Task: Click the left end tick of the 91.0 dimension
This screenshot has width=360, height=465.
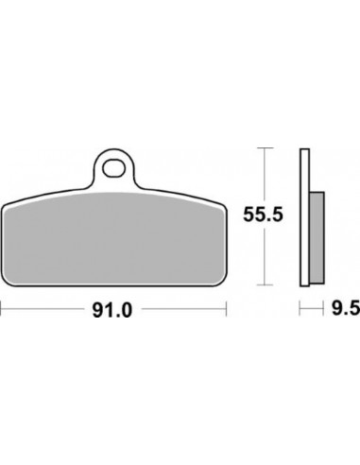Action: click(x=3, y=307)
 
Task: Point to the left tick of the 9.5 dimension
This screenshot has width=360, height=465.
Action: click(x=300, y=307)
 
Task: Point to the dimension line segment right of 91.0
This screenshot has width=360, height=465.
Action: click(x=184, y=307)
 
